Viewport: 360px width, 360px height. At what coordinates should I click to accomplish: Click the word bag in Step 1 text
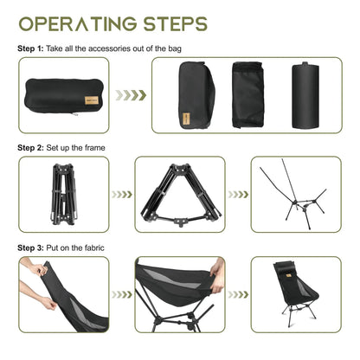point(169,48)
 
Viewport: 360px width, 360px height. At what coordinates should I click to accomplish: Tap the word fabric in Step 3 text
point(98,247)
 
